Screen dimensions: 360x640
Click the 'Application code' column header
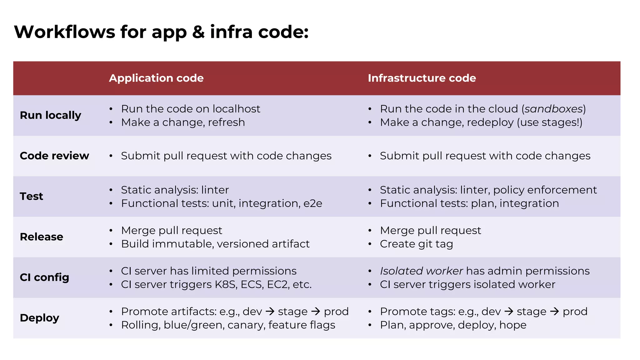click(156, 78)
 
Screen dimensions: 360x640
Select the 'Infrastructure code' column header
click(422, 78)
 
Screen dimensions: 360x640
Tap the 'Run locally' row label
click(51, 115)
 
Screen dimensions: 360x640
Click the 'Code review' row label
click(54, 156)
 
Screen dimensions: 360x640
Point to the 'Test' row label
click(32, 196)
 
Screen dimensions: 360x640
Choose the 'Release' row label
click(42, 237)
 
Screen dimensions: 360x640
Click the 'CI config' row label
click(44, 277)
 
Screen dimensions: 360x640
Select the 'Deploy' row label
click(39, 318)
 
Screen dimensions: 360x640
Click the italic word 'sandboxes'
click(553, 109)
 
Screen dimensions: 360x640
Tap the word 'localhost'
click(236, 109)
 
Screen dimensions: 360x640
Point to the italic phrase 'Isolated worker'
click(421, 271)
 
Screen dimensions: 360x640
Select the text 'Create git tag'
click(416, 244)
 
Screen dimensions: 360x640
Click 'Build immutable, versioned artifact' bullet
click(215, 244)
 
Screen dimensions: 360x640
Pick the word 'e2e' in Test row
click(313, 203)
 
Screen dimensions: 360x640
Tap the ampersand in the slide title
click(198, 32)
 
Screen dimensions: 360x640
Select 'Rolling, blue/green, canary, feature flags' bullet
click(228, 325)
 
